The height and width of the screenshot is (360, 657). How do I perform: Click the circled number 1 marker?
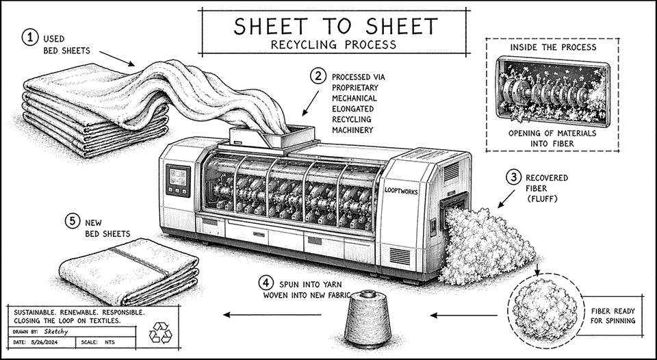(x=29, y=38)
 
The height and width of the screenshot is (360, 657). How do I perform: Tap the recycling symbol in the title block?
(x=163, y=332)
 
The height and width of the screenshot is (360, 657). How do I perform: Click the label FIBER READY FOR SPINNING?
(x=613, y=316)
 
